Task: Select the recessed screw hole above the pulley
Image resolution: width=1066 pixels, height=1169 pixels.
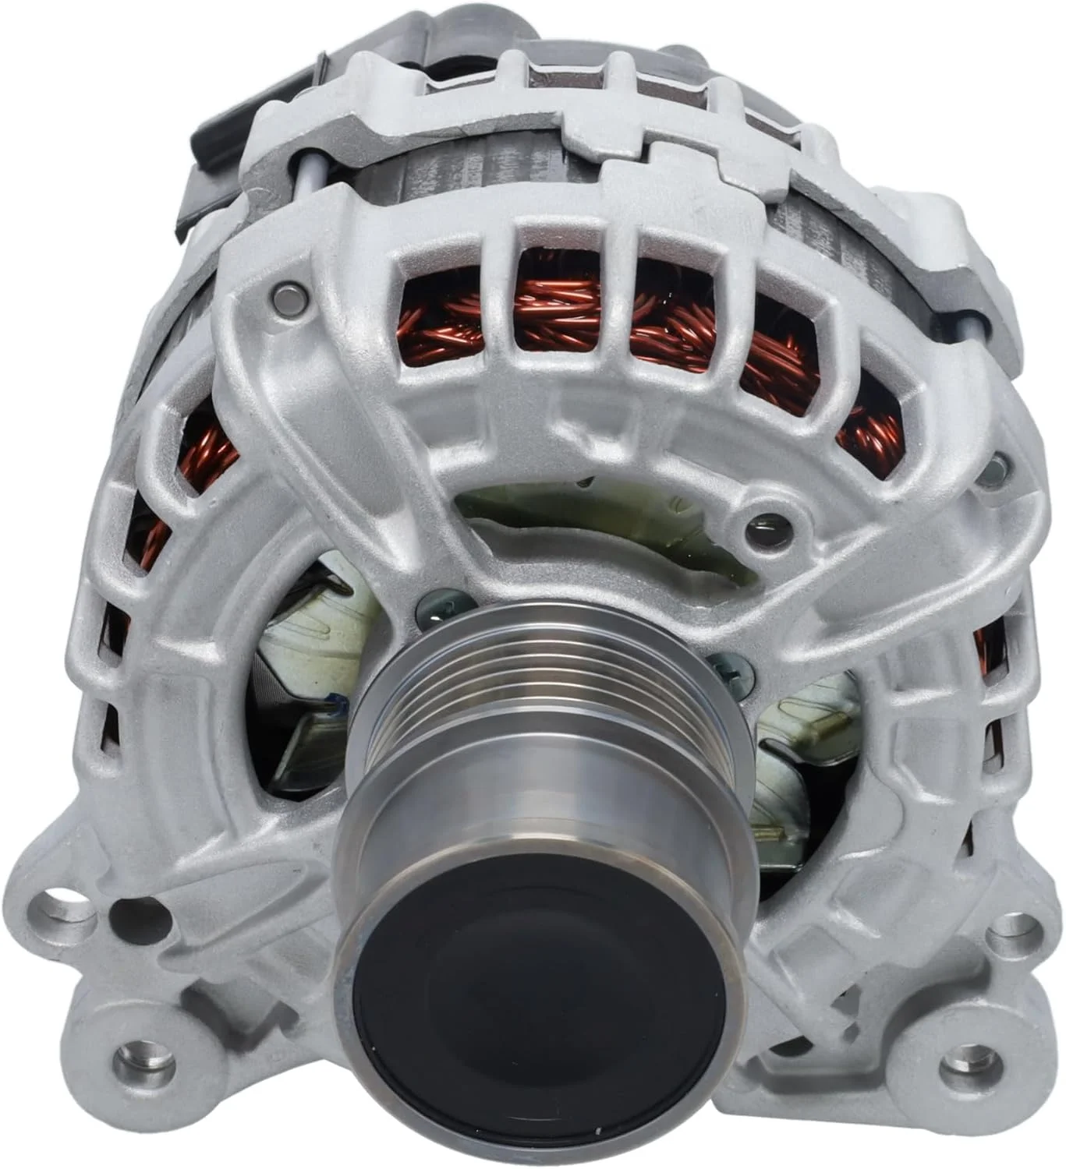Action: [x=767, y=530]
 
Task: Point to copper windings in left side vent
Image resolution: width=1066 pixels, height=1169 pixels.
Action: [x=204, y=460]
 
